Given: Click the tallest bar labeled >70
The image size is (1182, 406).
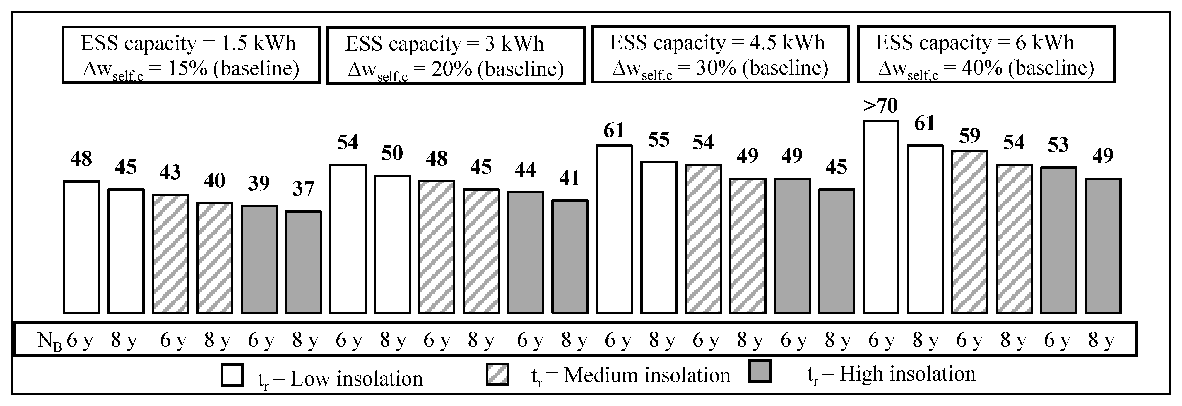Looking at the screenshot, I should tap(880, 217).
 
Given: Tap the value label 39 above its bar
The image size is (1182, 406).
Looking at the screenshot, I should tap(259, 183).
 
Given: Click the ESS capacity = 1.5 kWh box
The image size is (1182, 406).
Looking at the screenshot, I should tap(191, 55).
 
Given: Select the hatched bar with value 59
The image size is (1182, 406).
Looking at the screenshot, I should tap(969, 232).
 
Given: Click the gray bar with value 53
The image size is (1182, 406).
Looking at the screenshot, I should tap(1058, 240).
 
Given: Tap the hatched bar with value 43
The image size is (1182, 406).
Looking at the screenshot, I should tap(170, 254).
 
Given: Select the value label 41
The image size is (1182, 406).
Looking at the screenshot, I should tap(569, 178).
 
